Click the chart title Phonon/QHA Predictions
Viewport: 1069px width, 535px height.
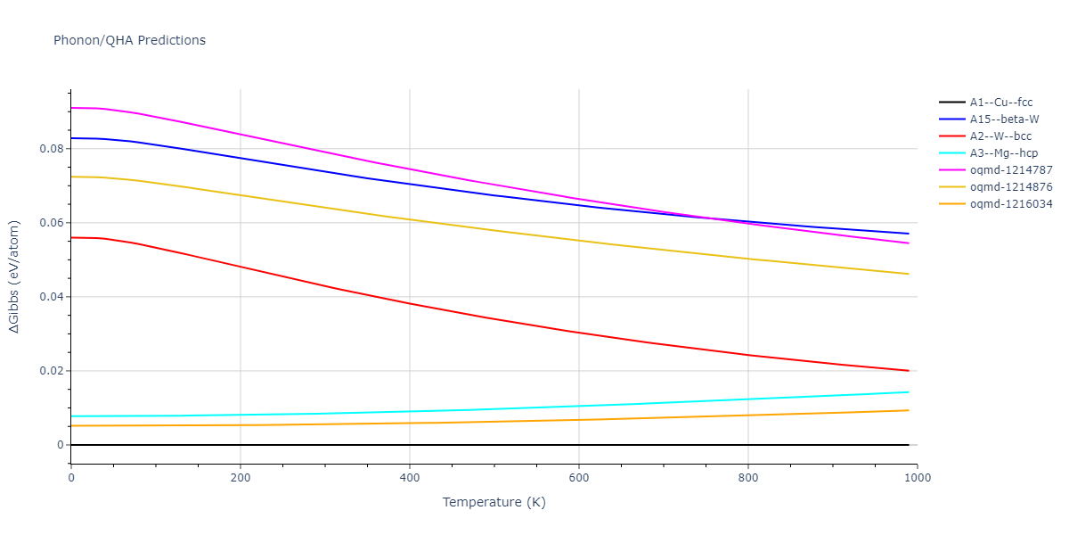129,40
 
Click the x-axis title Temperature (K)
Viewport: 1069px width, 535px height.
494,502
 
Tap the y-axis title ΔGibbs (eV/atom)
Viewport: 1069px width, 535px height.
15,277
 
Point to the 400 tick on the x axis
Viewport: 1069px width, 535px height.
410,478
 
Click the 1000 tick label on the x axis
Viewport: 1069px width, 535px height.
918,478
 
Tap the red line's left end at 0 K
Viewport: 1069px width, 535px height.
71,237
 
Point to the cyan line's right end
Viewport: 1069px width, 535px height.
909,392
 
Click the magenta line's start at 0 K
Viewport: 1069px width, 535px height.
71,108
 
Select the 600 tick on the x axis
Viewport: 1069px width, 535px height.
579,478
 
